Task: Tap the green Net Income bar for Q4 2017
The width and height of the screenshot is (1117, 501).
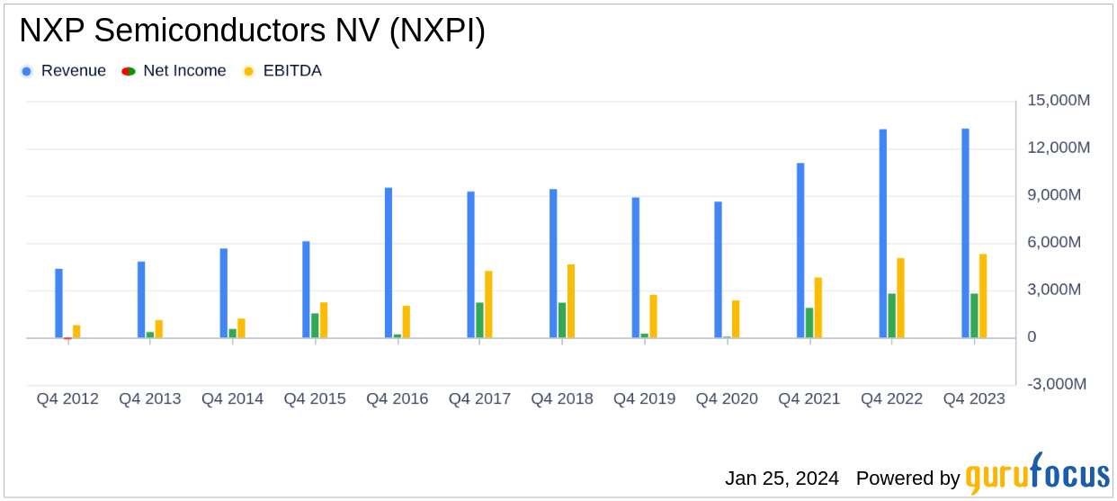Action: (x=479, y=320)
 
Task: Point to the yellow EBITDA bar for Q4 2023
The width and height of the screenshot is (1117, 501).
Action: (x=983, y=296)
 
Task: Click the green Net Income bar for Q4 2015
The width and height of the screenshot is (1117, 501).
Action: (x=315, y=326)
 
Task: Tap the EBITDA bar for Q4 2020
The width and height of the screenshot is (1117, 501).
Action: (x=736, y=319)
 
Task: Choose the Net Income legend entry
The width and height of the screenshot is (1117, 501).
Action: (x=174, y=71)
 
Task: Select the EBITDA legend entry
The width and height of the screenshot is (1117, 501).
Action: (x=282, y=71)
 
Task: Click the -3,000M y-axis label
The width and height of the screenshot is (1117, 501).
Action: (x=1058, y=384)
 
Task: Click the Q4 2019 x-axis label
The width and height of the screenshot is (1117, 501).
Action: (x=644, y=398)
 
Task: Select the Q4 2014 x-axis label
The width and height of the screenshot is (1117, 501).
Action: (x=232, y=398)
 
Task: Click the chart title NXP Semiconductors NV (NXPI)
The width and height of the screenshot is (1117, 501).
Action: (x=252, y=31)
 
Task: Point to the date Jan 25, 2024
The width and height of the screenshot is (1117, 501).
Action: (x=782, y=478)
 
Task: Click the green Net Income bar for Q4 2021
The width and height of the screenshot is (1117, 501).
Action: (x=809, y=323)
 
